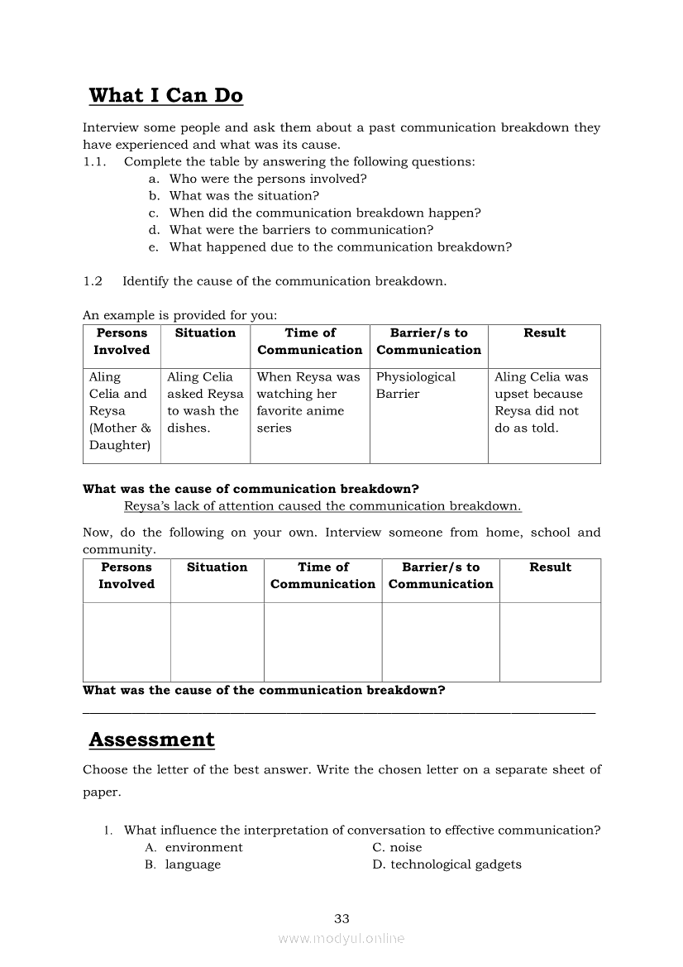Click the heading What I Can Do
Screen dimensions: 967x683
tap(165, 96)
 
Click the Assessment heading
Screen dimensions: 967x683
tap(151, 740)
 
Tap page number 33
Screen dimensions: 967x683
tap(341, 918)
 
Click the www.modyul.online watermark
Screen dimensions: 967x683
tap(341, 939)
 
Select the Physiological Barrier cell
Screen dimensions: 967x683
tap(416, 385)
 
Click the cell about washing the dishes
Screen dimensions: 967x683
tap(204, 402)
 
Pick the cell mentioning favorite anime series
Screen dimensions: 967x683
tap(308, 402)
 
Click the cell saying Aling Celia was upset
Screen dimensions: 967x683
tap(542, 402)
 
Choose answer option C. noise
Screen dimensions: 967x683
tap(397, 847)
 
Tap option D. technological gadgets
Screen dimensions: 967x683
tap(447, 864)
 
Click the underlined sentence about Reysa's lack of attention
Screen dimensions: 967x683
tap(322, 506)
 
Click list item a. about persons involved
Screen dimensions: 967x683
tap(267, 179)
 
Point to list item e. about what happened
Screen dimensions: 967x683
tap(340, 247)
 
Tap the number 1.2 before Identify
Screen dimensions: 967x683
tap(93, 281)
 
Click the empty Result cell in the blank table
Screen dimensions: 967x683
tap(550, 642)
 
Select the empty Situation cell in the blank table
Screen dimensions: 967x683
tap(217, 642)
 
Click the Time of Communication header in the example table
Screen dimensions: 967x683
tap(309, 342)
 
